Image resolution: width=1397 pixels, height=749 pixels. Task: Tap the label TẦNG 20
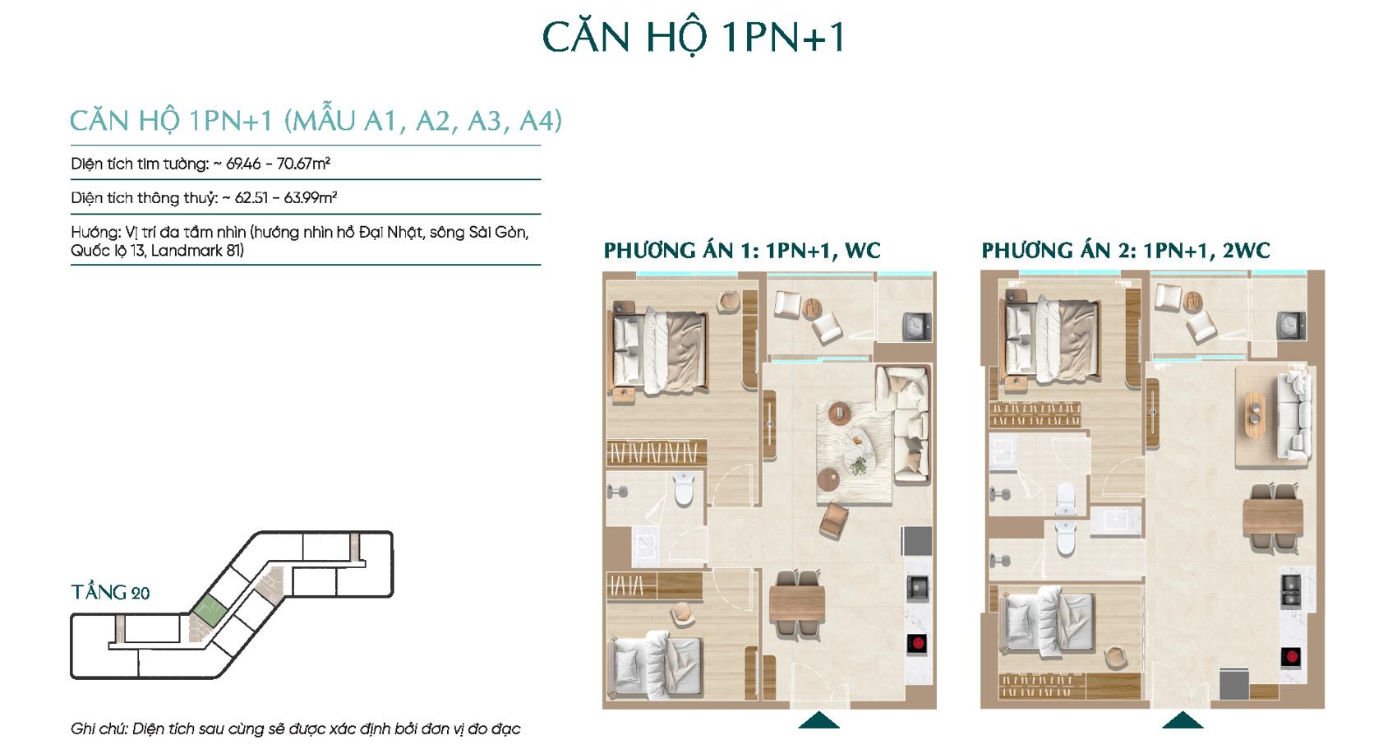coord(110,592)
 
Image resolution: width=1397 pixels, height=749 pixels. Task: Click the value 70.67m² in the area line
coord(303,164)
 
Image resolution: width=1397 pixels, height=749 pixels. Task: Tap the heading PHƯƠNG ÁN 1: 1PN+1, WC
coord(741,251)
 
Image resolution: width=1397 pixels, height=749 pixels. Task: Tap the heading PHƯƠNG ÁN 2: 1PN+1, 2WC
coord(1126,251)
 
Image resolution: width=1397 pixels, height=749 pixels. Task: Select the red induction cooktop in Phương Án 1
coord(916,644)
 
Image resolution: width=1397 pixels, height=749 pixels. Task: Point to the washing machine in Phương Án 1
coord(916,326)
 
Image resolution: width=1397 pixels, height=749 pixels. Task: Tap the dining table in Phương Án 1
coord(797,604)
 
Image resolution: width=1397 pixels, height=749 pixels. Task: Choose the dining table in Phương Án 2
coord(1272,518)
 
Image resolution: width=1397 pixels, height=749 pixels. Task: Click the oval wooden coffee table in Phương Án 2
coord(1255,414)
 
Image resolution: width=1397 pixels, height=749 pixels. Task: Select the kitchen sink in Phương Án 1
coord(917,588)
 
